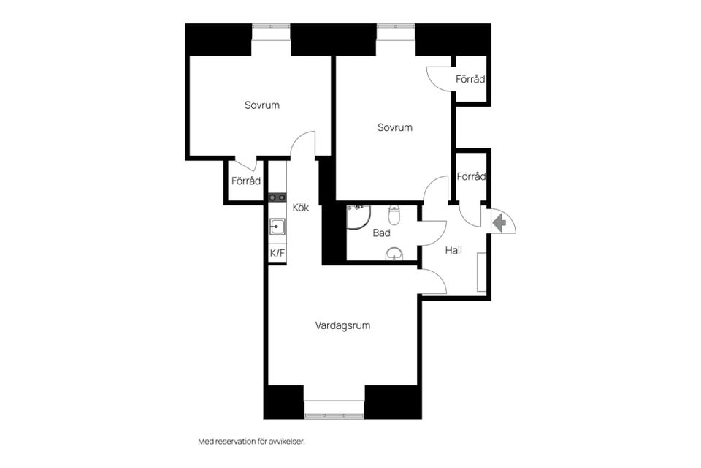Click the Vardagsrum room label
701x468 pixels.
click(342, 325)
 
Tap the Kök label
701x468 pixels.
click(300, 208)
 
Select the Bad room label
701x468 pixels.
click(381, 233)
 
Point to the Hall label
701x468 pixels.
click(453, 250)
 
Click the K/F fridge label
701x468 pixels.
click(277, 253)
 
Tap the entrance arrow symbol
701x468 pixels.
click(499, 222)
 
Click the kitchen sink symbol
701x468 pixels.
click(277, 227)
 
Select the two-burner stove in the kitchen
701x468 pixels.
click(277, 197)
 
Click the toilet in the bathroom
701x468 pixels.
click(394, 215)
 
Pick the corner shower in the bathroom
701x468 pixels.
click(358, 216)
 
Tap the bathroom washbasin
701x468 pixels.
click(394, 254)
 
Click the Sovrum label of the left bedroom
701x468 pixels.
click(262, 105)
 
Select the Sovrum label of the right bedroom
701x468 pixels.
click(395, 127)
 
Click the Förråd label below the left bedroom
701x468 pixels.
click(246, 181)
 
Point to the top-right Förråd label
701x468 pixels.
click(470, 79)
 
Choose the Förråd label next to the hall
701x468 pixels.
click(471, 176)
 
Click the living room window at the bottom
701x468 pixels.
click(334, 409)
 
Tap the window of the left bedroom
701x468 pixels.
click(272, 33)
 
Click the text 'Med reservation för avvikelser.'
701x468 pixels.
click(251, 442)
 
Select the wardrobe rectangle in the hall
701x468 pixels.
click(481, 272)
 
